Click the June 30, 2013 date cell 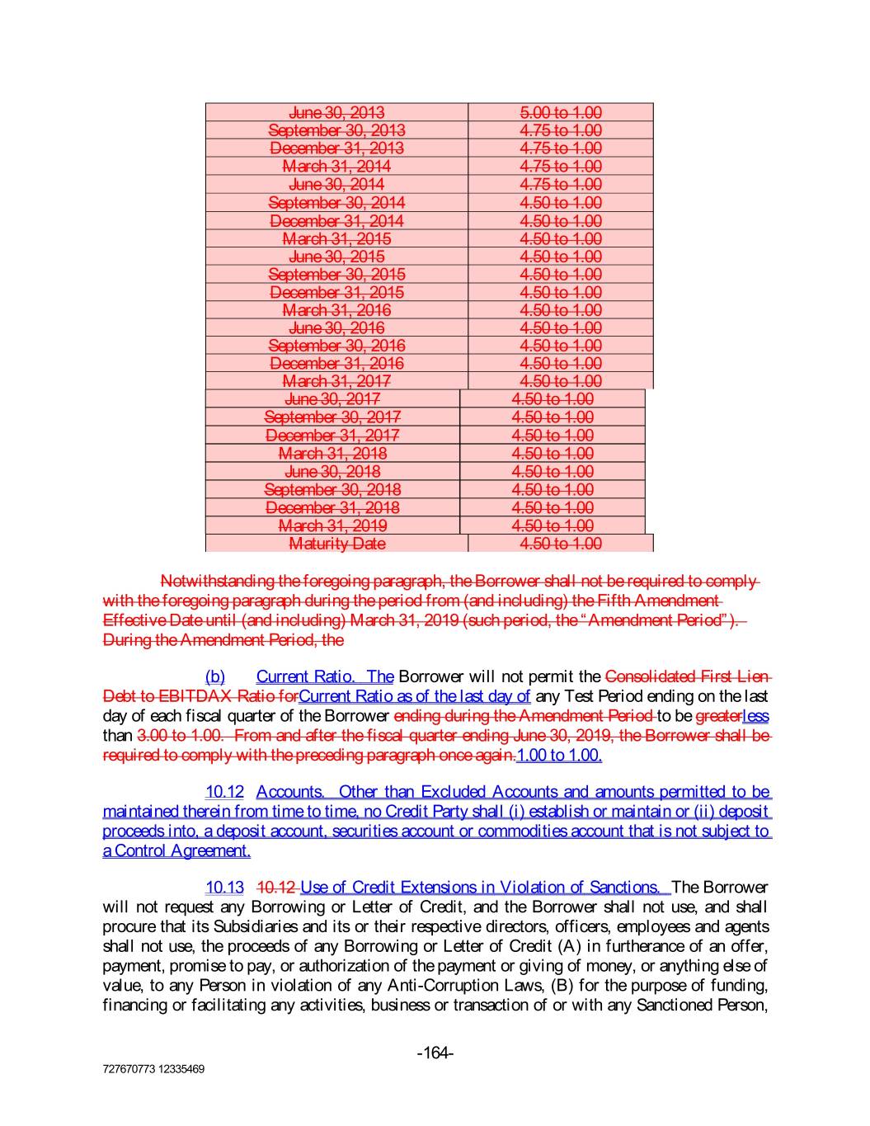coord(336,112)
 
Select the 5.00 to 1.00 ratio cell coord(561,112)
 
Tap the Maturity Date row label coord(336,544)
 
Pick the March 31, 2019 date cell coord(332,525)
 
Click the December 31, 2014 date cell coord(336,220)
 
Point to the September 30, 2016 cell coord(336,346)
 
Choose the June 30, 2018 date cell coord(332,472)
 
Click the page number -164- coord(435,1053)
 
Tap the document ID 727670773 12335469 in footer coord(153,1069)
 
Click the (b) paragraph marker coord(214,676)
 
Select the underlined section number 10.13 coord(224,888)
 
